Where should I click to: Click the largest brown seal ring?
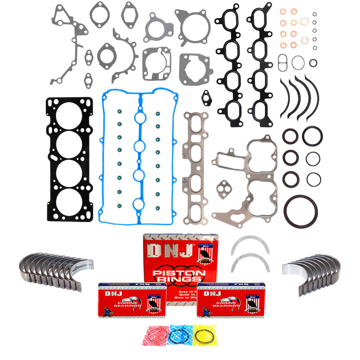pyautogui.click(x=301, y=210)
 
